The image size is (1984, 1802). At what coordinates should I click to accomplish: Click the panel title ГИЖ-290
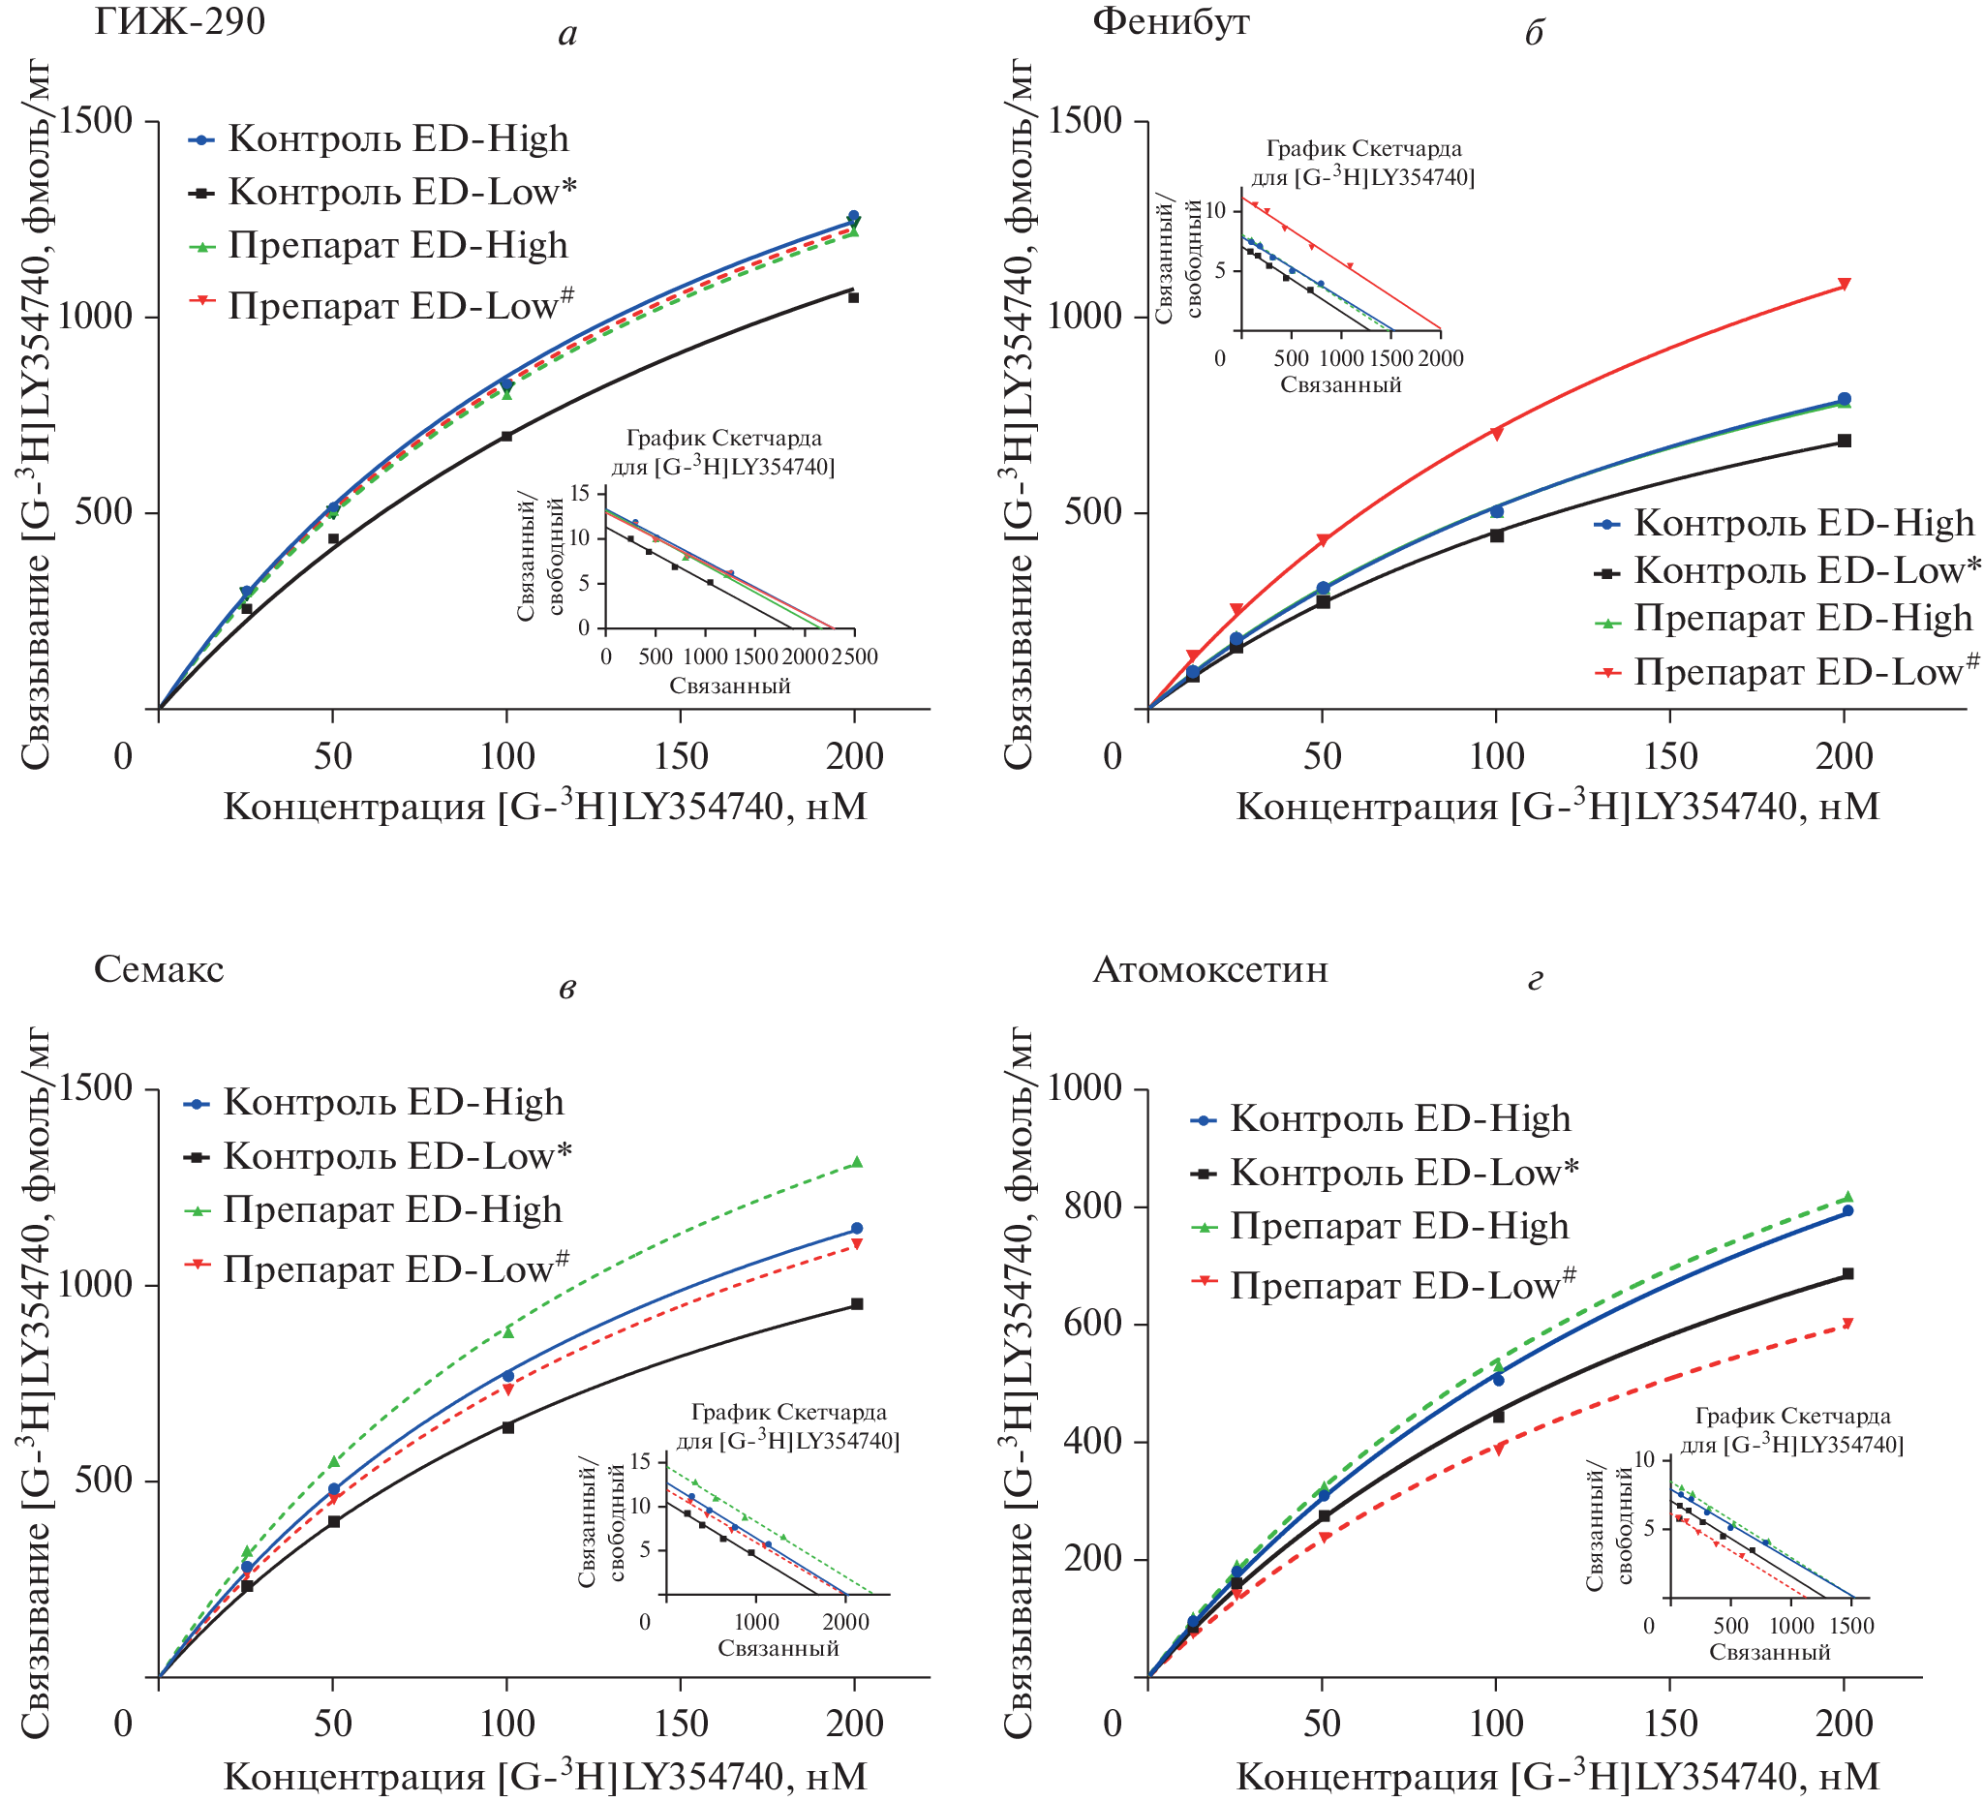coord(179,20)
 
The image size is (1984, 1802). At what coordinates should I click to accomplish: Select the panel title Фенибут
coord(1170,20)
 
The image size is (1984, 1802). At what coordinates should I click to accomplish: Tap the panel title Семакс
coord(159,969)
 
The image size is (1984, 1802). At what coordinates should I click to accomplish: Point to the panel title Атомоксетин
coord(1209,969)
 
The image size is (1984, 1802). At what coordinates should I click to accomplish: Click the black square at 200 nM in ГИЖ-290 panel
coord(853,297)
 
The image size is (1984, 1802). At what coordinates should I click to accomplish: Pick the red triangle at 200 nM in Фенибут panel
coord(1845,285)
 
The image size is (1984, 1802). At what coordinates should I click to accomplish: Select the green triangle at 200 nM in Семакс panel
coord(856,1162)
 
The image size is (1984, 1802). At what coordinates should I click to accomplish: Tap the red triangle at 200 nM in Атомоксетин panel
coord(1847,1324)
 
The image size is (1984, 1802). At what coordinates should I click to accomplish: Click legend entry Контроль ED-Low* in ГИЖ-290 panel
coord(402,192)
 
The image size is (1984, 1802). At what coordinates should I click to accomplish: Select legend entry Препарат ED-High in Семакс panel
coord(393,1209)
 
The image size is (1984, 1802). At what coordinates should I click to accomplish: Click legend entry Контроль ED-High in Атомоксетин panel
coord(1399,1119)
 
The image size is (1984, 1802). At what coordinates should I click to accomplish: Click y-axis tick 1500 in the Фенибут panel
coord(1085,121)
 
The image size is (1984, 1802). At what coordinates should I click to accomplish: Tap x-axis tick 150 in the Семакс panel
coord(681,1724)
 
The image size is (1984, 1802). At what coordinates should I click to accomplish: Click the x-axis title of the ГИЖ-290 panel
coord(545,807)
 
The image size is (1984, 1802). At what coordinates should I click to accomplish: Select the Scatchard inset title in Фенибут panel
coord(1363,163)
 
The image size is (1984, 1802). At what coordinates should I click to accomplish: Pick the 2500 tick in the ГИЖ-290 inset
coord(853,657)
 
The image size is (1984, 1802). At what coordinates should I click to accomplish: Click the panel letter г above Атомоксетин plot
coord(1535,980)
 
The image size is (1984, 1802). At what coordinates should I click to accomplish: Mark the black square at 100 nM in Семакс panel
coord(507,1427)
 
